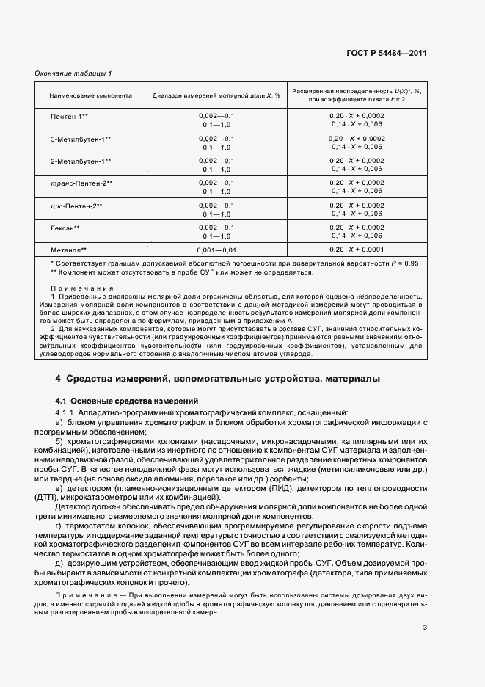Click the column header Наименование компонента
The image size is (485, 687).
90,95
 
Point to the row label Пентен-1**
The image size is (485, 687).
70,117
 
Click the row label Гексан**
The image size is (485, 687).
65,228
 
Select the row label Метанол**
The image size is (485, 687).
68,250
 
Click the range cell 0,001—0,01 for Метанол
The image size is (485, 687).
217,250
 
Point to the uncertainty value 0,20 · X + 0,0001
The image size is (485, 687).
357,250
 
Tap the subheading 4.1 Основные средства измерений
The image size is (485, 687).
127,401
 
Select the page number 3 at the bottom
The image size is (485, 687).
426,627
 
